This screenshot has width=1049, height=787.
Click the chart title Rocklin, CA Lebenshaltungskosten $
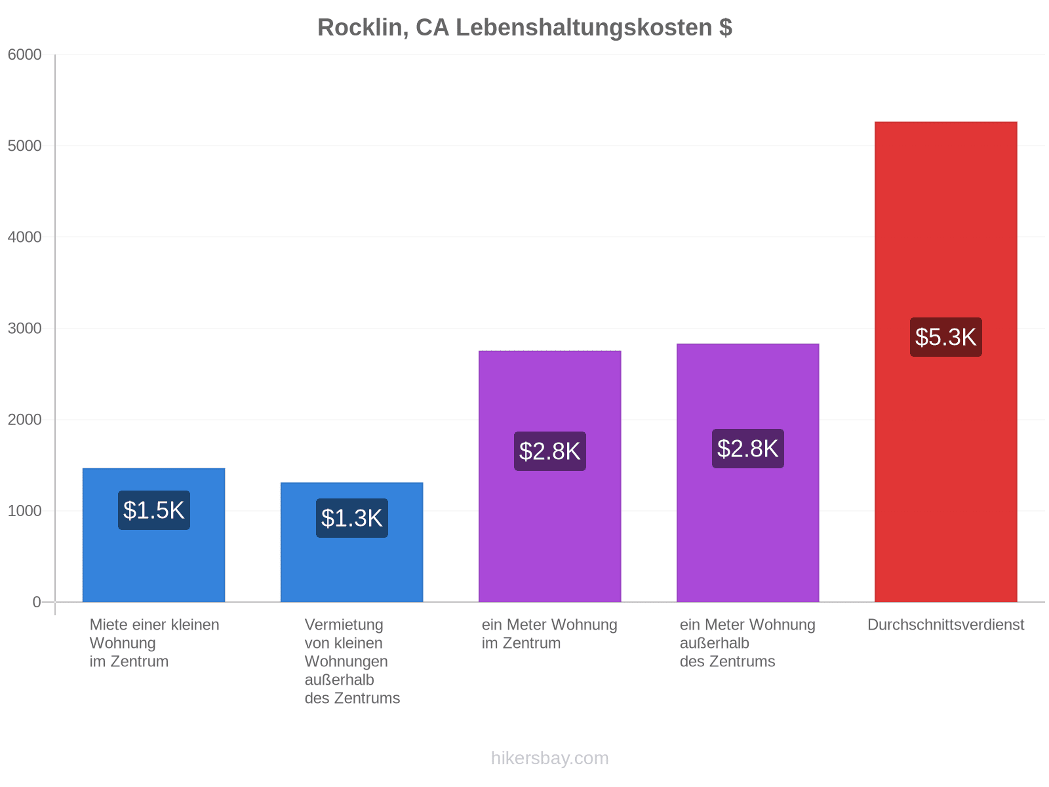(524, 28)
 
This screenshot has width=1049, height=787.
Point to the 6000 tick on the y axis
(24, 54)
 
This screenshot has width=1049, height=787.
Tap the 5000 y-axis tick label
(24, 146)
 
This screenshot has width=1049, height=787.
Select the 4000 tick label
(24, 237)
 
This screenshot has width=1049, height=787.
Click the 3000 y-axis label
(24, 329)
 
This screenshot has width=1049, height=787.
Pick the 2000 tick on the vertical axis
(24, 420)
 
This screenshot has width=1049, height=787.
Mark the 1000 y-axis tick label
(24, 511)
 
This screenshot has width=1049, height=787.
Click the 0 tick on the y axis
(36, 602)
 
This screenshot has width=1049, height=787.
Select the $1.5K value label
(154, 510)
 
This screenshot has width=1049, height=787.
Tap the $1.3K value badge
(351, 518)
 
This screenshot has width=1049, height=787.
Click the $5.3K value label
(946, 337)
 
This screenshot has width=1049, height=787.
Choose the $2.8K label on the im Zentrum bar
(549, 451)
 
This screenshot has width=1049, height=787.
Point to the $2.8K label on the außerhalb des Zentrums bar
(748, 448)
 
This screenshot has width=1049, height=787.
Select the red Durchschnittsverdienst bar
(946, 362)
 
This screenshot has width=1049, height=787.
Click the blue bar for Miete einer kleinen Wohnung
(154, 535)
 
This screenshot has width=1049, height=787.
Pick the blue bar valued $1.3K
(351, 542)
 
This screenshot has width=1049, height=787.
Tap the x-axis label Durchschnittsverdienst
(946, 625)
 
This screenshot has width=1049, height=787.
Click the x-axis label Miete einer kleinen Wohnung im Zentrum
(154, 643)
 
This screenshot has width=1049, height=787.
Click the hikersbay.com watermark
(549, 758)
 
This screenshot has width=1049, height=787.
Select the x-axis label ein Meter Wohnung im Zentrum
(549, 634)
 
